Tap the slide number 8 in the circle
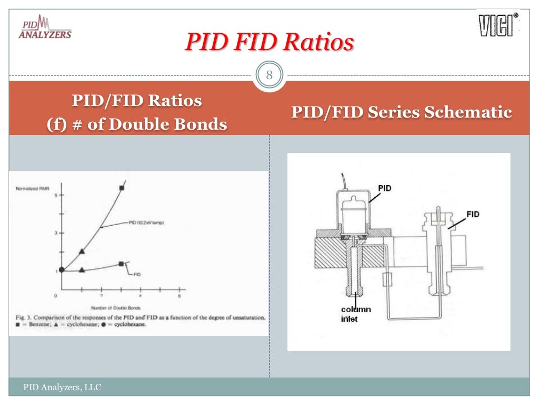(x=269, y=75)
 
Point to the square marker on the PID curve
(x=122, y=188)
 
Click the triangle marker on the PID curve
(x=82, y=251)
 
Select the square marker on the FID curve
(x=122, y=264)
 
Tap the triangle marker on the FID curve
(x=82, y=269)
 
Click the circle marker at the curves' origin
(x=62, y=269)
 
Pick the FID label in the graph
(x=137, y=274)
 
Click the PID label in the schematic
(x=385, y=188)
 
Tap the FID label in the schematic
(x=473, y=215)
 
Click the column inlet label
(x=355, y=314)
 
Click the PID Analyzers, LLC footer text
(x=62, y=388)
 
